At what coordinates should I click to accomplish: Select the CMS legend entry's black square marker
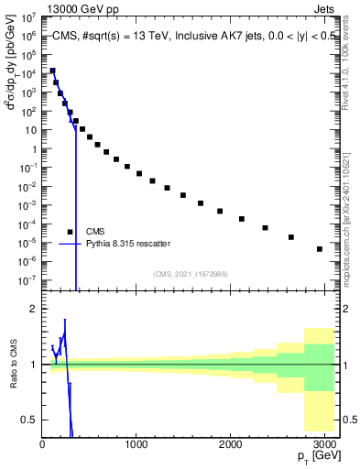71,232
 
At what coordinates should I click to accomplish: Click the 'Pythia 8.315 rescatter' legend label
128,244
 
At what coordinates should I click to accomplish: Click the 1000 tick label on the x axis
136,444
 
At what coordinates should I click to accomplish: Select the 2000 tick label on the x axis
232,444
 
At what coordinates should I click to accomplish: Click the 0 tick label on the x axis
42,444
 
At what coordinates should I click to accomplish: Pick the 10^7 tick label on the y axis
29,16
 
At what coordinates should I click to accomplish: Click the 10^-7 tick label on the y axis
28,280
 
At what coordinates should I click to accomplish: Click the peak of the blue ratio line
65,321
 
